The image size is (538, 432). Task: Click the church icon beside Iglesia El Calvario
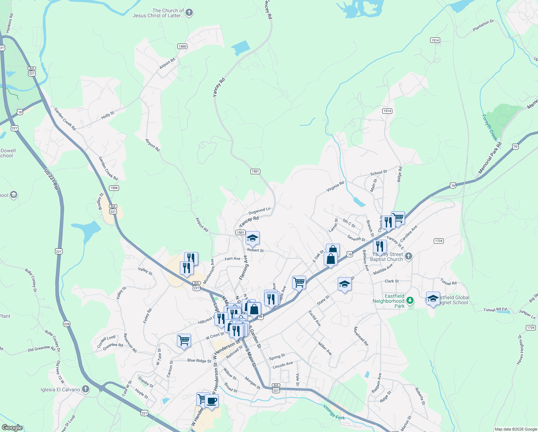(86, 389)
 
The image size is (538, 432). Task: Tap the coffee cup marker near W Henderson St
(211, 401)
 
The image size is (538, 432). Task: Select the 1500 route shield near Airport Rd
(182, 46)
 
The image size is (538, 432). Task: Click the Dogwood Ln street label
(259, 211)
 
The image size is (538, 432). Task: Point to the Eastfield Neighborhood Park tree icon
(410, 300)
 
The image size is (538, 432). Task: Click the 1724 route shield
(438, 241)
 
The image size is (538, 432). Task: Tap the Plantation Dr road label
(483, 26)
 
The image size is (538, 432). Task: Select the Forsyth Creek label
(489, 127)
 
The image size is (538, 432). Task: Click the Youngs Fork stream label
(334, 413)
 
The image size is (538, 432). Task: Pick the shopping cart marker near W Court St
(184, 339)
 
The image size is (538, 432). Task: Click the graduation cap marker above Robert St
(252, 238)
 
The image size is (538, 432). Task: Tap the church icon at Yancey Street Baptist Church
(408, 256)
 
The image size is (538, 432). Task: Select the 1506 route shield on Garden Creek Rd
(114, 188)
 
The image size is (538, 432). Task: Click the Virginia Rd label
(335, 186)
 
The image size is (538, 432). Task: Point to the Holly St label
(108, 115)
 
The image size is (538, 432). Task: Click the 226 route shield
(67, 324)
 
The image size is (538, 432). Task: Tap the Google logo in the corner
(12, 428)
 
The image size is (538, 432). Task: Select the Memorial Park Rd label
(489, 158)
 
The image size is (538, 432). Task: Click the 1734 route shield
(530, 328)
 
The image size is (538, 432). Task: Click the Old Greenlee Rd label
(41, 349)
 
